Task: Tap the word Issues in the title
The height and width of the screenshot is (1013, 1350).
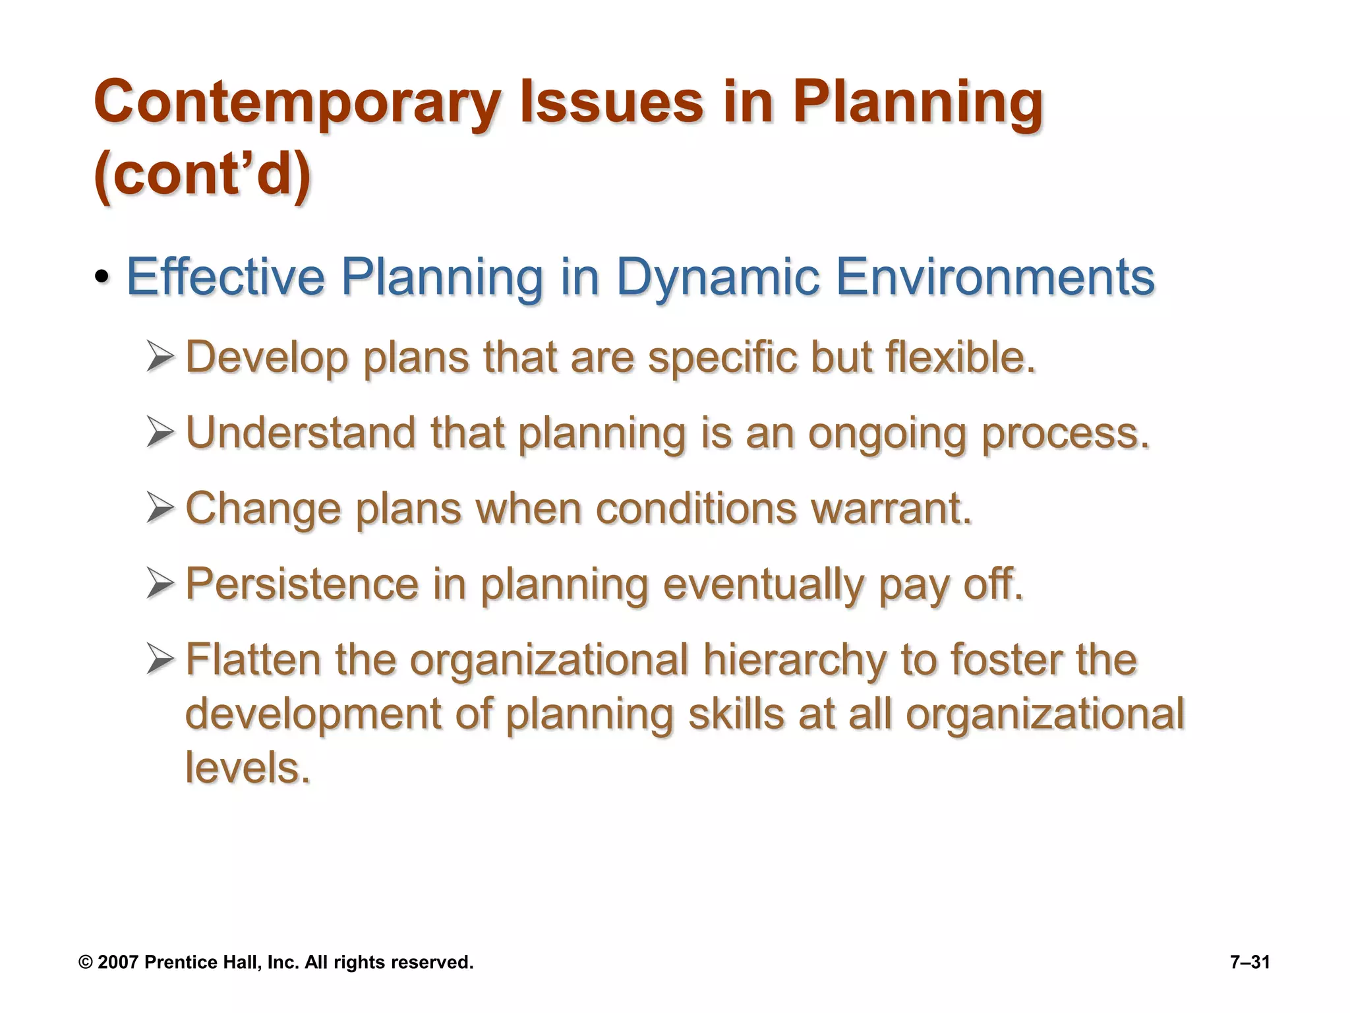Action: click(611, 102)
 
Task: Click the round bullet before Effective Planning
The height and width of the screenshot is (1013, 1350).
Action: click(102, 278)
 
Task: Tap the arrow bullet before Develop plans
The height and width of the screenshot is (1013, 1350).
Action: click(160, 357)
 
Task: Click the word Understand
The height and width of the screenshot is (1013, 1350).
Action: click(301, 433)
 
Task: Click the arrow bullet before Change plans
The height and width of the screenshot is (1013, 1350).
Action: click(160, 509)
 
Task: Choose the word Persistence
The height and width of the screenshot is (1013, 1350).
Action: click(302, 584)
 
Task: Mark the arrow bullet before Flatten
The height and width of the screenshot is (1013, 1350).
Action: click(160, 660)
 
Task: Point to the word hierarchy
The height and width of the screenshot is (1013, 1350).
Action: click(794, 660)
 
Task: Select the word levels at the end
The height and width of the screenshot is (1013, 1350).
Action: click(247, 768)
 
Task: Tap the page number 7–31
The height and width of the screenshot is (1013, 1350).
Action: click(1250, 963)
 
